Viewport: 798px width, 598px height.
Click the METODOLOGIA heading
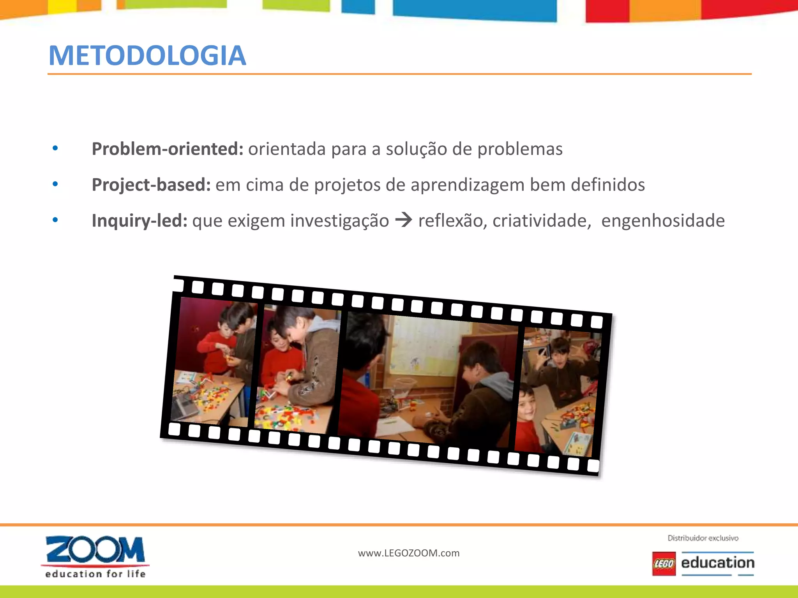(x=147, y=56)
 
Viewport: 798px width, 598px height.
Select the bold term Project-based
(x=151, y=185)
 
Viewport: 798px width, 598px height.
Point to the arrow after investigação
(x=404, y=220)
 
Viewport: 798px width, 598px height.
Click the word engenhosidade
(x=663, y=221)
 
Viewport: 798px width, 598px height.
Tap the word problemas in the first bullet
(x=520, y=149)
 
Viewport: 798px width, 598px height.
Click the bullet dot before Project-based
(x=55, y=184)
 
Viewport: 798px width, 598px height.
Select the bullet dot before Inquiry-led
(x=55, y=220)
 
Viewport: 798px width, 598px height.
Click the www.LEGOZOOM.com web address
(x=409, y=553)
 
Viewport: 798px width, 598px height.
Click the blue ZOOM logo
(x=95, y=550)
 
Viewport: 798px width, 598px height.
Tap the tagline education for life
(x=95, y=574)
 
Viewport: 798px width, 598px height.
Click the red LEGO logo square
(x=664, y=563)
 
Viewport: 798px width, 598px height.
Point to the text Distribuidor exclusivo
(x=703, y=538)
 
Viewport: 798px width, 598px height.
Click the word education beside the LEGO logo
(x=718, y=563)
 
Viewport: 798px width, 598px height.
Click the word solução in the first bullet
(x=416, y=149)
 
